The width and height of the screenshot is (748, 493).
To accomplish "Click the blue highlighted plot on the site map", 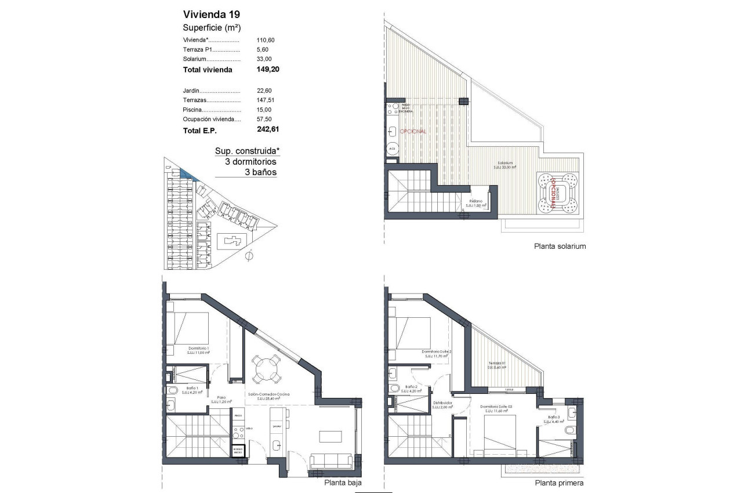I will pyautogui.click(x=187, y=173).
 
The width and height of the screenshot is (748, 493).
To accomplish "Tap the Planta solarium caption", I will pyautogui.click(x=560, y=246).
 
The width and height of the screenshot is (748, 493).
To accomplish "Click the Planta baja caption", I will pyautogui.click(x=342, y=482).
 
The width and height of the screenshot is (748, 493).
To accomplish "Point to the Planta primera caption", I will pyautogui.click(x=559, y=483).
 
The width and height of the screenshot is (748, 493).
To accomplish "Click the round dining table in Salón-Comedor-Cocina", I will pyautogui.click(x=266, y=368).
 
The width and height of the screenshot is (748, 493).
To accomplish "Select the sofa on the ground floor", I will pyautogui.click(x=332, y=462).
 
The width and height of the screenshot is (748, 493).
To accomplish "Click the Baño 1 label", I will pyautogui.click(x=193, y=388).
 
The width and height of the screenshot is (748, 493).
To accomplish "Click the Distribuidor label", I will pyautogui.click(x=443, y=403).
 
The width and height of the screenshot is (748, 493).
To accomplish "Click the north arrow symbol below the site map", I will pyautogui.click(x=249, y=255).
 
